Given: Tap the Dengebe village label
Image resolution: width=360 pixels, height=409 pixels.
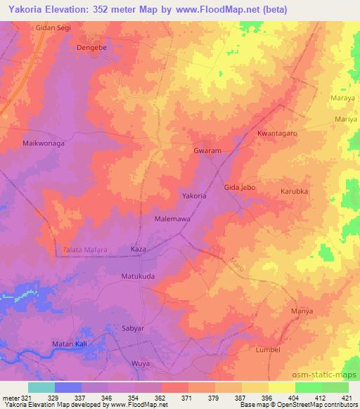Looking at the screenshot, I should coord(91,48).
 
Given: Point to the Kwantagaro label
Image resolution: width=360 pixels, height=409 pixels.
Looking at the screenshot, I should coord(278,133).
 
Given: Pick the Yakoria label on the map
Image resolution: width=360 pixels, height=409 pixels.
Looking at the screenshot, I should coord(194,196).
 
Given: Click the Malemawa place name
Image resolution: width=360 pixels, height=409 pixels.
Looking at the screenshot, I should coord(171,219).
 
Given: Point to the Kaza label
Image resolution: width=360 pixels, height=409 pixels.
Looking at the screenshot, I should coord(139,249).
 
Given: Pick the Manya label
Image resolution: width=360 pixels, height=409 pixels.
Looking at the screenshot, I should coord(301,310).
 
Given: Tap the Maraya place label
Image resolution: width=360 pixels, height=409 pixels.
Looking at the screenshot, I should coord(342,98).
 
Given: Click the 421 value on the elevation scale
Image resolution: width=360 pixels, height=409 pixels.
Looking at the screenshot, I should coord(347,398).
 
